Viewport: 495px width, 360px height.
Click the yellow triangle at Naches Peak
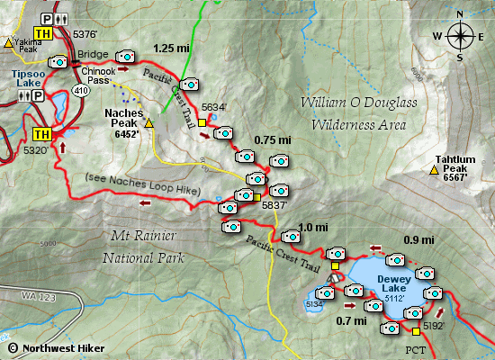coord(149,122)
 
